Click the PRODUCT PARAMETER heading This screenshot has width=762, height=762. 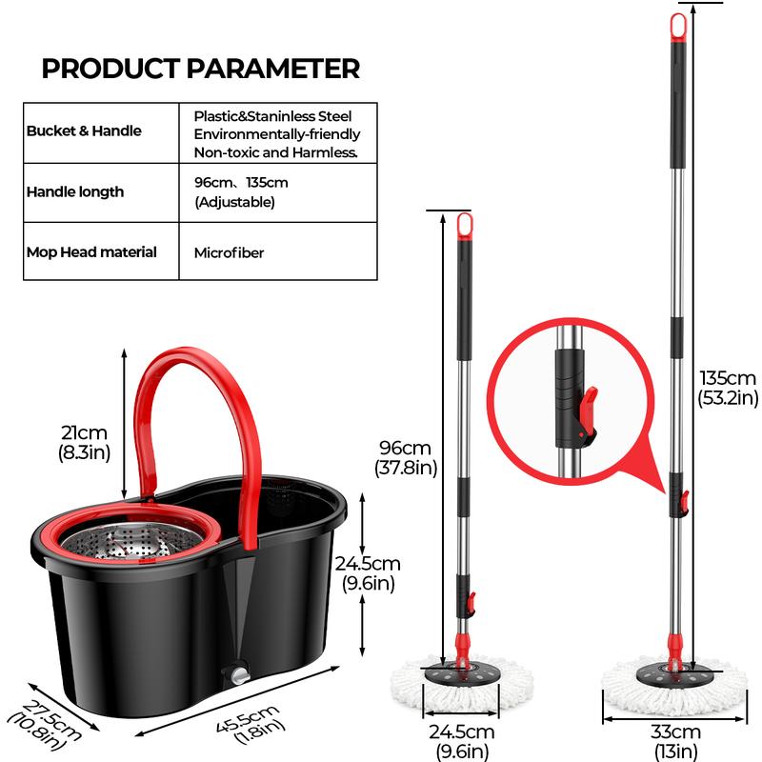point(201,69)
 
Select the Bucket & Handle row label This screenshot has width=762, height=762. point(84,130)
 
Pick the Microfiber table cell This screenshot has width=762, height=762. point(229,252)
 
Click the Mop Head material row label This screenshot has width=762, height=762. point(91,252)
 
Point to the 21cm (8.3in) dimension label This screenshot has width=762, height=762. point(86,443)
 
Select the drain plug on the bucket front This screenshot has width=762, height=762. point(235,674)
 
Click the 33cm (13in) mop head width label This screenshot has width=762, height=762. point(676,740)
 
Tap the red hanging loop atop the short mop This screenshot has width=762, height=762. point(465,226)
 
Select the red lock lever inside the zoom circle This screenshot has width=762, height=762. point(588,405)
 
